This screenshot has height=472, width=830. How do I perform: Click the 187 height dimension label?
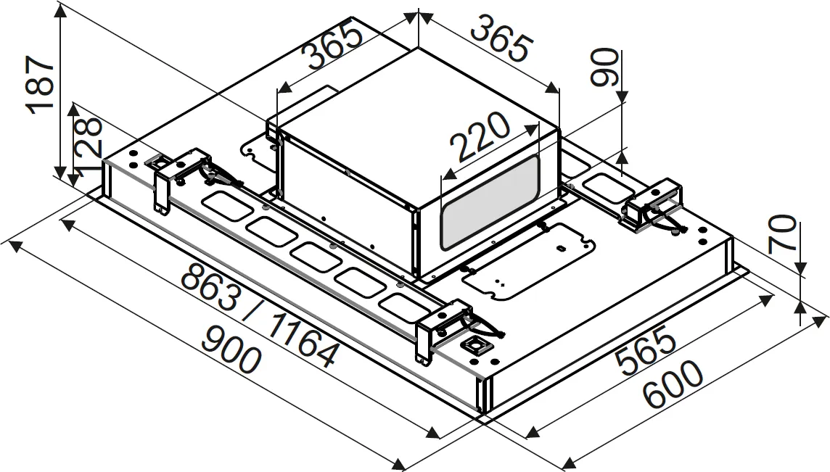coord(41,85)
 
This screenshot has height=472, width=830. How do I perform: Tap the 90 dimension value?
coord(604,67)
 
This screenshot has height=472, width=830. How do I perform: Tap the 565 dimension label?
coord(645,353)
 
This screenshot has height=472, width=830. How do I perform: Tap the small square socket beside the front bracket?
coord(476,347)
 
